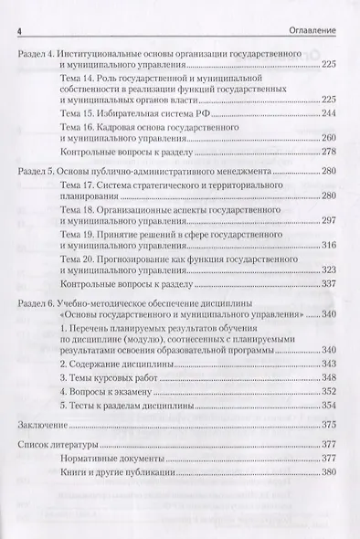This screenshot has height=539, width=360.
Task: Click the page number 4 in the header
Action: tap(20, 32)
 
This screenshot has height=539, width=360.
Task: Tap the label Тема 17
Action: tap(76, 186)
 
